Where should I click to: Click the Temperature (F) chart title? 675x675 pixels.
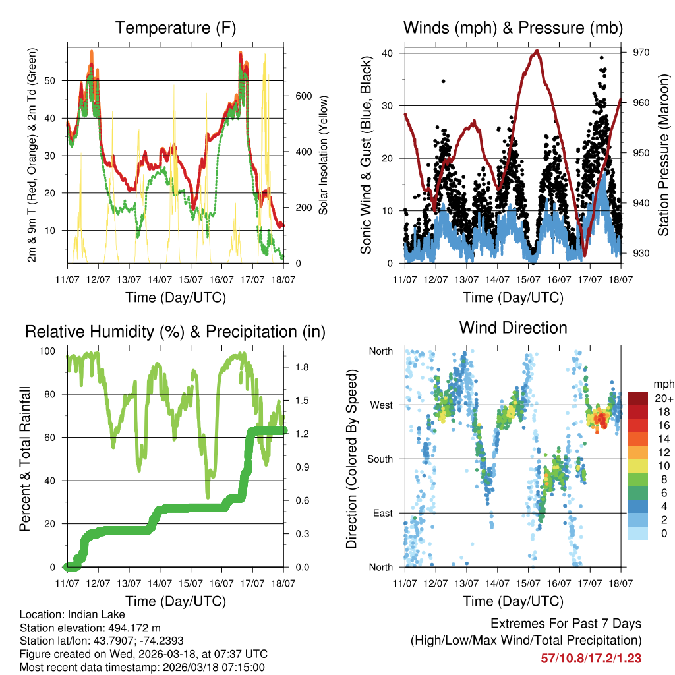coord(175,28)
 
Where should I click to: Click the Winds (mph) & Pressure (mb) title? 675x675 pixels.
coord(513,28)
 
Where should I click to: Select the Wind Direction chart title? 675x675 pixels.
coord(513,328)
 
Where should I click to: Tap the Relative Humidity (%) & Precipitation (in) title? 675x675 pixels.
coord(175,332)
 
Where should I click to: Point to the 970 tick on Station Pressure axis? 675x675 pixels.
coord(641,53)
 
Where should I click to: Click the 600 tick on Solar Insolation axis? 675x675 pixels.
coord(303,96)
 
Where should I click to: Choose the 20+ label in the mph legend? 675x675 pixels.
coord(663,398)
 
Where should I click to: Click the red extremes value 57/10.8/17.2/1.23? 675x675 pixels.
coord(591,658)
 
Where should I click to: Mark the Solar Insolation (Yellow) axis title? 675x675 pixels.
coord(324,155)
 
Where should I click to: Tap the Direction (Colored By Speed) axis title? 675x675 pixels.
coord(351,459)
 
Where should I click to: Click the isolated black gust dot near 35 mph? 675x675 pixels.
coord(444,81)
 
